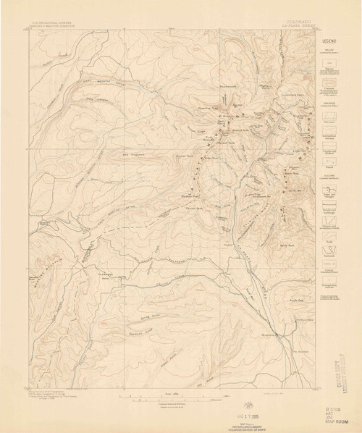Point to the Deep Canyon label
point(94,98)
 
